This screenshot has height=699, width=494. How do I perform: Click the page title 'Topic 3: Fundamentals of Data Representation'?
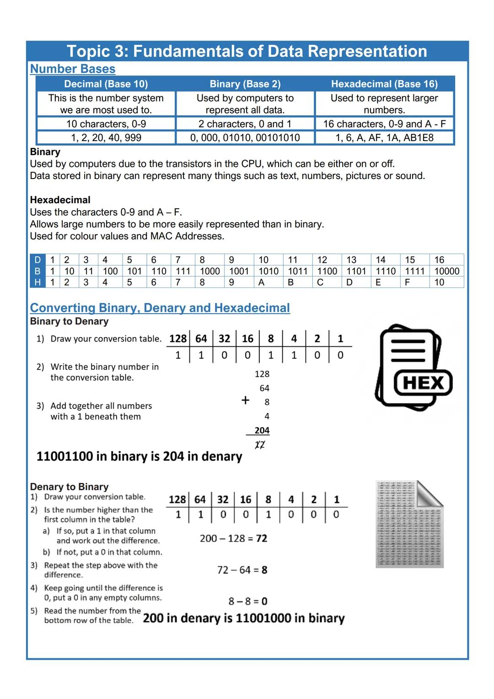247,51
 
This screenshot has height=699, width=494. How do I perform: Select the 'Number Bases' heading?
73,69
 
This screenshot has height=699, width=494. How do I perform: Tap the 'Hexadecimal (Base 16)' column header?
384,84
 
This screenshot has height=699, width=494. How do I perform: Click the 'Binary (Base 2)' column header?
245,84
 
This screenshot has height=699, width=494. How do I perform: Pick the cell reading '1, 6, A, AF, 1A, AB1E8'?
384,138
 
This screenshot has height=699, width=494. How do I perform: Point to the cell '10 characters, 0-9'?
106,124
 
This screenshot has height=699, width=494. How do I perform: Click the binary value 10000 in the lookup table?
446,271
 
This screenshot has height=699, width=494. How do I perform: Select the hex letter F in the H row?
408,282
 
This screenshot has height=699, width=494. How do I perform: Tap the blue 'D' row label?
38,260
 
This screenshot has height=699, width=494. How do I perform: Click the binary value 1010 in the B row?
268,271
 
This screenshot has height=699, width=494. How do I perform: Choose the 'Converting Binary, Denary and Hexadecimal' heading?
160,308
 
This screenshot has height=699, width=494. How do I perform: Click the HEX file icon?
413,368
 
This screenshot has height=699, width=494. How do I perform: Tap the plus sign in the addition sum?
246,400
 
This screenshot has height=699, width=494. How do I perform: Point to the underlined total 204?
262,430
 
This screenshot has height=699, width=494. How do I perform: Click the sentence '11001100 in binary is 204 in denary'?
139,456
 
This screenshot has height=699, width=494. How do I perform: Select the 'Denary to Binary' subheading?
69,487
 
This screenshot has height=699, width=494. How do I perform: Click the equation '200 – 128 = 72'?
233,538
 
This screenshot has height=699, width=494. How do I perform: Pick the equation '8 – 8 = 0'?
248,601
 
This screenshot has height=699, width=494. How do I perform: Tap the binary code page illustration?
409,525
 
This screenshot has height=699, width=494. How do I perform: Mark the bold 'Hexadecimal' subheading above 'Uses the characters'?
60,200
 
